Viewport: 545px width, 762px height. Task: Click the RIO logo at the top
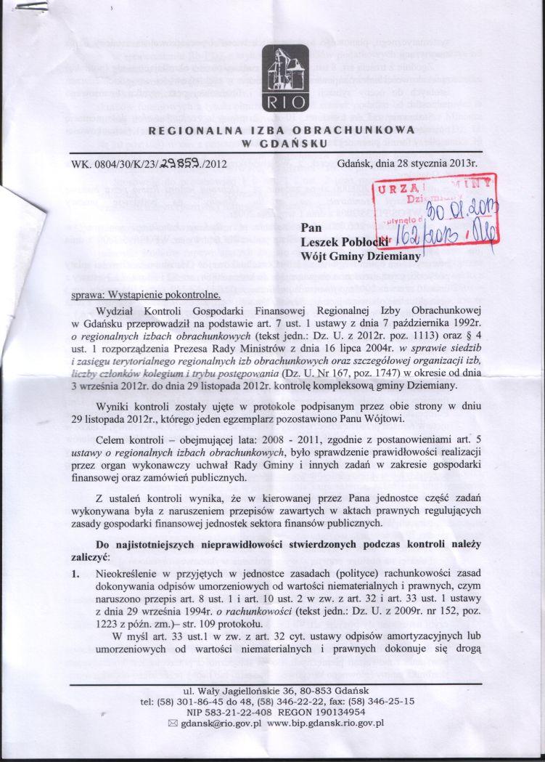coord(279,78)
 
